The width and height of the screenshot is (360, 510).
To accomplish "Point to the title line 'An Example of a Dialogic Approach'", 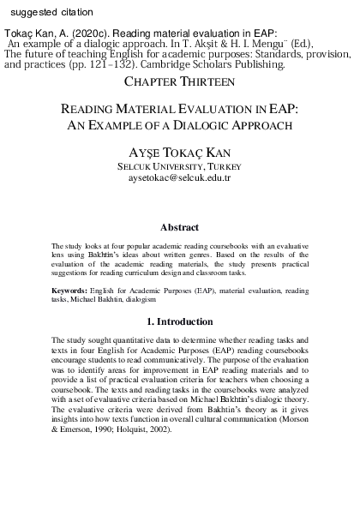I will click(180, 125).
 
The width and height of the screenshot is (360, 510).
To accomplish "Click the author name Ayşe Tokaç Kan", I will click(180, 150).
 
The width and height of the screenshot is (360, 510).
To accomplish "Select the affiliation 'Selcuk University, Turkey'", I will click(180, 165).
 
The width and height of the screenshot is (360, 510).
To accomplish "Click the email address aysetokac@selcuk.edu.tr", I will click(180, 177).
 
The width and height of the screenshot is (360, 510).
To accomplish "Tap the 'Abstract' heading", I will click(180, 228).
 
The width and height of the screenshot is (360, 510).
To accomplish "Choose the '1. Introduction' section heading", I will click(180, 321).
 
